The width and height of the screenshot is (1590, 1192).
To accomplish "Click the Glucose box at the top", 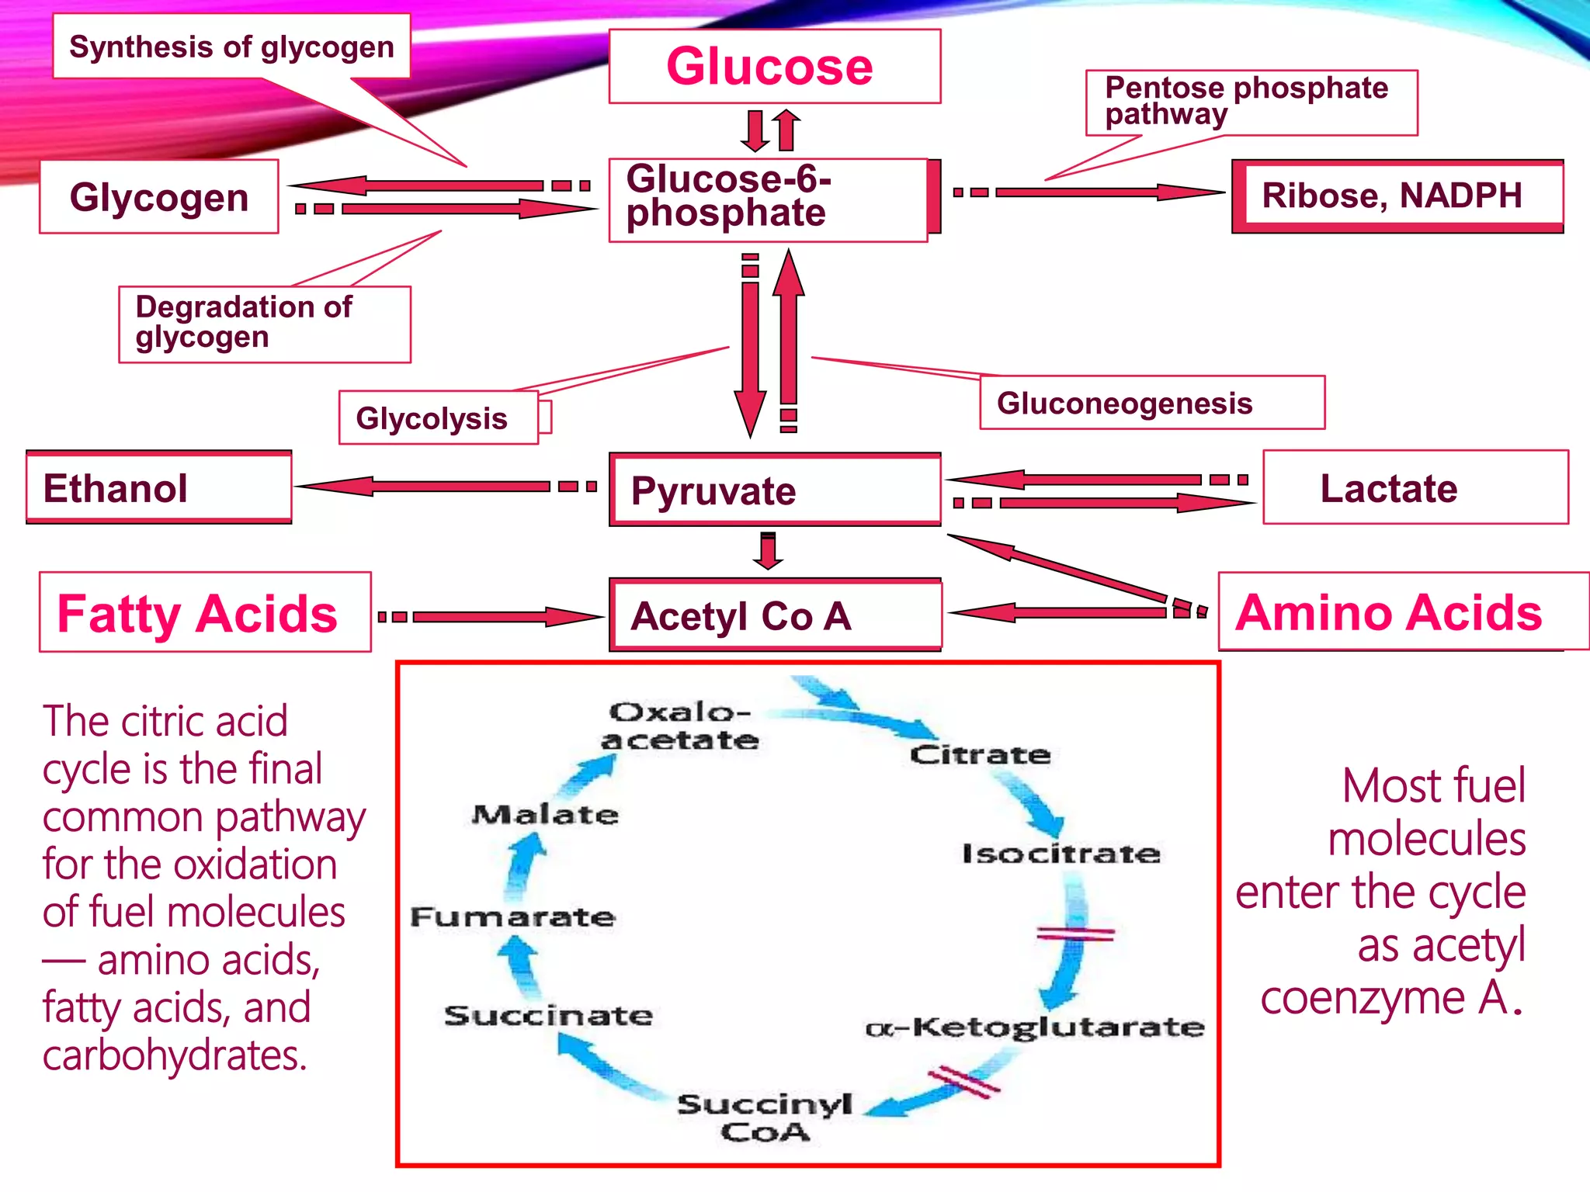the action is point(775,66).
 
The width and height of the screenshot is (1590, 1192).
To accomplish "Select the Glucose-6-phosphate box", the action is point(775,199).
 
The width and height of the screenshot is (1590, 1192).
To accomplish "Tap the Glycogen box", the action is point(159,196).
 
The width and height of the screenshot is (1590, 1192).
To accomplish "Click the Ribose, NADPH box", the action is point(1397,196).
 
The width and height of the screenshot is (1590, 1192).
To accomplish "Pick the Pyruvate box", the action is point(775,490).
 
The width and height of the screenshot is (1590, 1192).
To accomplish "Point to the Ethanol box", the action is point(159,487).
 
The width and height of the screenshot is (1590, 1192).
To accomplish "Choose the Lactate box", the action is point(1415,487).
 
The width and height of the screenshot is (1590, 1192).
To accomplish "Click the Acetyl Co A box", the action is point(775,615).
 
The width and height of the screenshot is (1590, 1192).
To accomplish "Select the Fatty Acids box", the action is point(205,612).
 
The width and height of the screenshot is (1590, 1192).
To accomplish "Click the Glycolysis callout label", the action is point(439,418).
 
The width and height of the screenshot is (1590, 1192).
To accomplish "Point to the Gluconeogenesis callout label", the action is point(1152,403).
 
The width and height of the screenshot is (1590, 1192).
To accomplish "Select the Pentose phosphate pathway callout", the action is point(1252,102).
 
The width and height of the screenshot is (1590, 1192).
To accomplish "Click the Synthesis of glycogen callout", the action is point(231,46).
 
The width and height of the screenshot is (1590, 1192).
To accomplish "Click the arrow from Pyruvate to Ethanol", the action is point(446,487).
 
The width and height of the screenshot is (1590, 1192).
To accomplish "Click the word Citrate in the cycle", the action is point(981,754).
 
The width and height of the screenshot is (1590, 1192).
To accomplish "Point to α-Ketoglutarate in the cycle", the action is point(1035,1027).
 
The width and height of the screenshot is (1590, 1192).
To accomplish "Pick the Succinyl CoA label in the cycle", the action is point(765,1117).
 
